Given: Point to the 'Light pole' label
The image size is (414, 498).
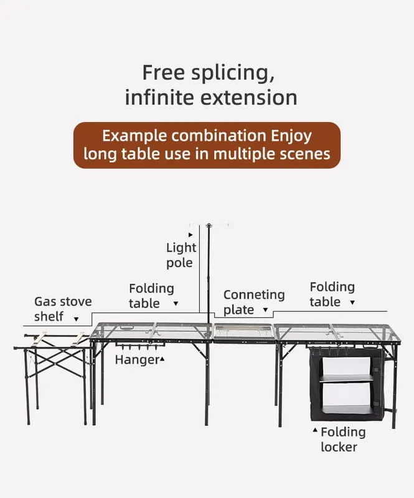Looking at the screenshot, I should pos(181,255).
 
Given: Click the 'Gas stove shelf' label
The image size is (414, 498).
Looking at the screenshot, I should pos(62,309).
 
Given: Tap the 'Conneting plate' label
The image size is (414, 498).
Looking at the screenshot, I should pos(253,302).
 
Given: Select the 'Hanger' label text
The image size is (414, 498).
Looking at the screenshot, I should pos(136,360).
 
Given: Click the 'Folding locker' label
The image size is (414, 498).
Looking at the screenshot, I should pos(343,439).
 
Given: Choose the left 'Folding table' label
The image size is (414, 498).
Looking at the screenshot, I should pos(151,296).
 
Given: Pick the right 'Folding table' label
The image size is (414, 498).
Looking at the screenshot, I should pos(332,294).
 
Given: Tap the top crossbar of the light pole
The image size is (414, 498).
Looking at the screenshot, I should pos(210,225).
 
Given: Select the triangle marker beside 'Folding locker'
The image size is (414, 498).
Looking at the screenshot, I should pos(315,430).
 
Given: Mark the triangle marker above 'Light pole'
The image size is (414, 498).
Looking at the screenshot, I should pos(191,234).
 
